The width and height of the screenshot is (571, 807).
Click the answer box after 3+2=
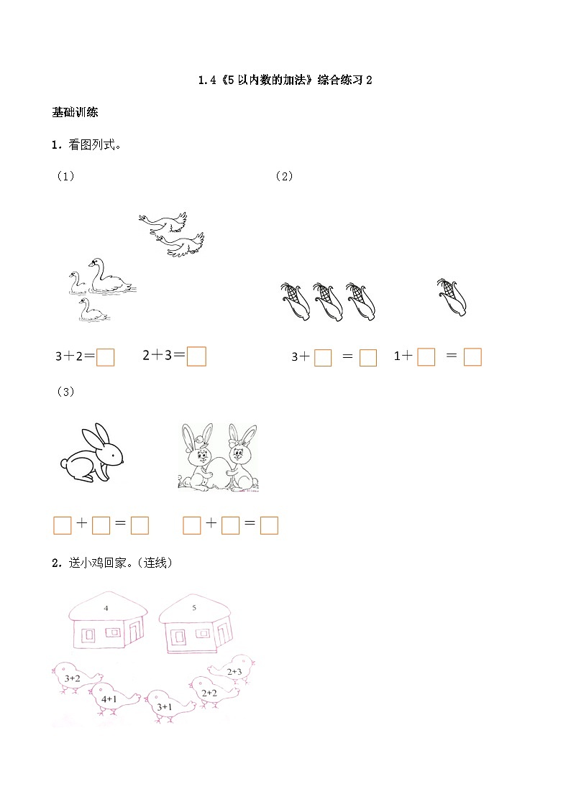pyautogui.click(x=106, y=357)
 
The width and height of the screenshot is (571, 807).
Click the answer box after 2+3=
pyautogui.click(x=196, y=356)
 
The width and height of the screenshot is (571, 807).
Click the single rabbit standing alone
pyautogui.click(x=91, y=452)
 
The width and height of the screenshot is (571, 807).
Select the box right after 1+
pyautogui.click(x=426, y=357)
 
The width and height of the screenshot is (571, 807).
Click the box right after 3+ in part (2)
pyautogui.click(x=323, y=357)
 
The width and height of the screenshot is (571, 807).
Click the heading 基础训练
pyautogui.click(x=75, y=112)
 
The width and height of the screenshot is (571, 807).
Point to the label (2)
pyautogui.click(x=284, y=176)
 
